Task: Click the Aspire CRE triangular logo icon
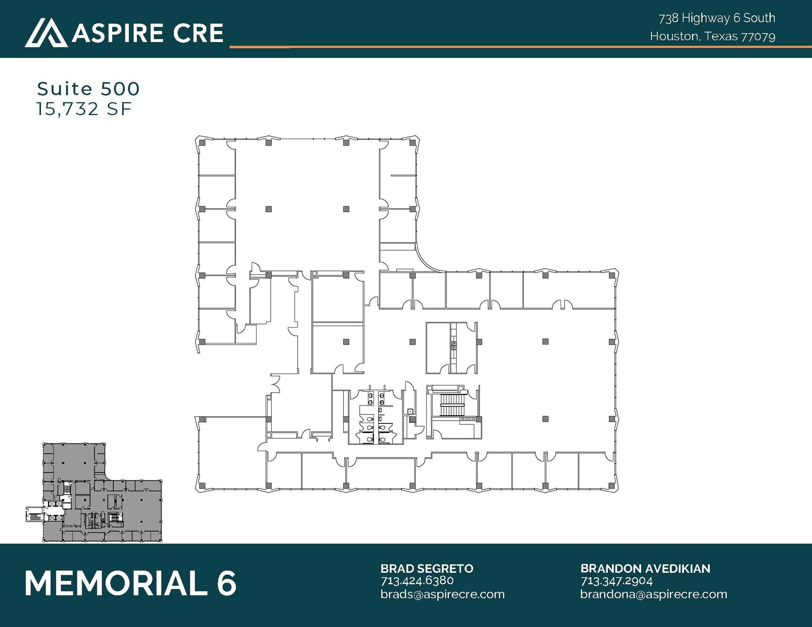click(x=46, y=32)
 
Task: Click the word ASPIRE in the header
click(x=117, y=33)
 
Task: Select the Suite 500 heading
click(x=88, y=89)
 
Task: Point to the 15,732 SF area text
click(x=84, y=109)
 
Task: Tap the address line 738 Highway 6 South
click(x=717, y=18)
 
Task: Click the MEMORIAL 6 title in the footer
click(x=130, y=583)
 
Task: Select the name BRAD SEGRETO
click(x=427, y=568)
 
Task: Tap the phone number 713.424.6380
click(x=417, y=581)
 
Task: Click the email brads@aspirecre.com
click(x=442, y=594)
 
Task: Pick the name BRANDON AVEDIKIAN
click(x=645, y=568)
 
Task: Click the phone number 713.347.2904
click(x=617, y=581)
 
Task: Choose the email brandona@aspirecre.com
click(x=654, y=594)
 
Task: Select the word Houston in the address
click(x=674, y=36)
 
